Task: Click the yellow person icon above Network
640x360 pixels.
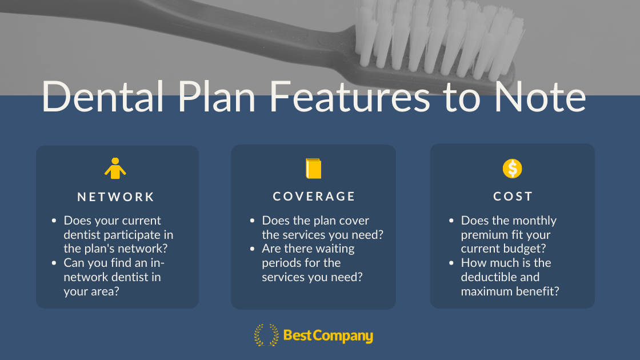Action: pyautogui.click(x=115, y=169)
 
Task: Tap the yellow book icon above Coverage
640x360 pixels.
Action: pyautogui.click(x=314, y=169)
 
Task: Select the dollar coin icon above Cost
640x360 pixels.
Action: pyautogui.click(x=512, y=169)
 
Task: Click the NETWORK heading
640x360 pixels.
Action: pyautogui.click(x=116, y=197)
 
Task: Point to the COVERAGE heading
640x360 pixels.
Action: pyautogui.click(x=314, y=197)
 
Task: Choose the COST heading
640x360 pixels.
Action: pyautogui.click(x=513, y=197)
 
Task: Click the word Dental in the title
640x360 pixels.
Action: pyautogui.click(x=103, y=97)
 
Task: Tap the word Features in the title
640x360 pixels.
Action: pyautogui.click(x=350, y=97)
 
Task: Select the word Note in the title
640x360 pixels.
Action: pyautogui.click(x=540, y=97)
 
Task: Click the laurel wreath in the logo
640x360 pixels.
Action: pyautogui.click(x=266, y=335)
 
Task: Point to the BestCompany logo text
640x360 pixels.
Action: pyautogui.click(x=328, y=336)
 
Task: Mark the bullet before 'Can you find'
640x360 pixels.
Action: pyautogui.click(x=54, y=263)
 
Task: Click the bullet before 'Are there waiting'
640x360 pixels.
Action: pyautogui.click(x=252, y=249)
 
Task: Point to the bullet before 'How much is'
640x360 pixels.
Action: pyautogui.click(x=451, y=263)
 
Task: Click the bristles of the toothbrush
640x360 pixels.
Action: pyautogui.click(x=439, y=39)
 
